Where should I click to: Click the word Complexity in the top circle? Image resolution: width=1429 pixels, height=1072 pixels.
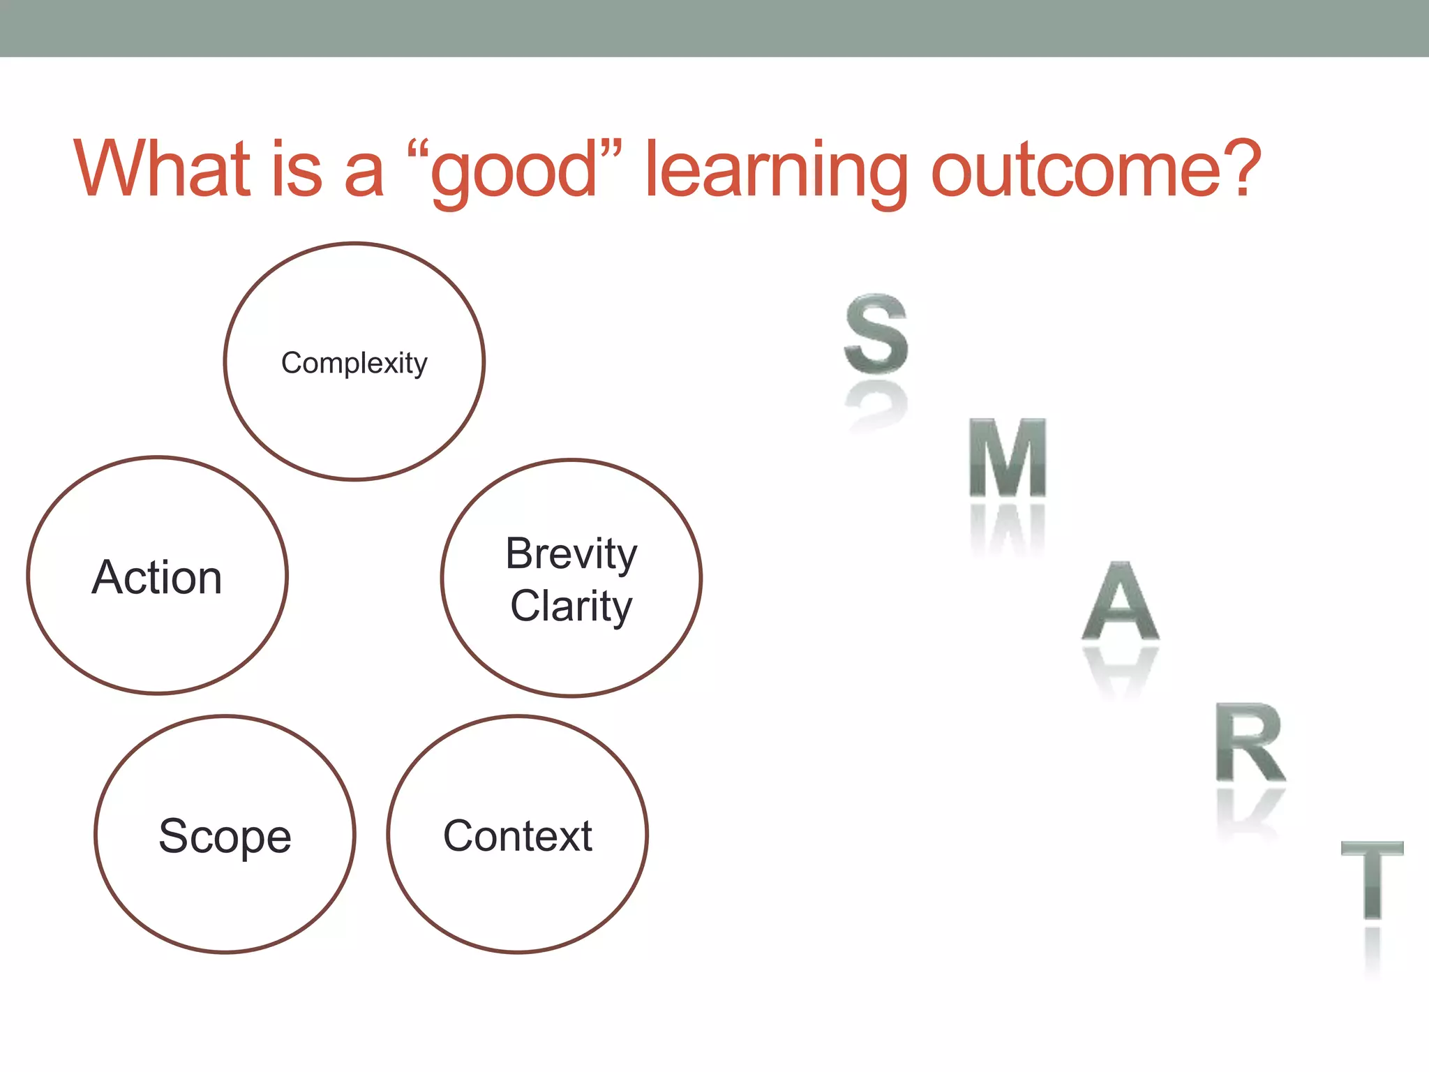pyautogui.click(x=354, y=363)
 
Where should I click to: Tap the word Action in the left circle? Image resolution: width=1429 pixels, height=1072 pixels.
pyautogui.click(x=157, y=578)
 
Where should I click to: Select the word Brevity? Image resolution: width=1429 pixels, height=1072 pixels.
pyautogui.click(x=571, y=554)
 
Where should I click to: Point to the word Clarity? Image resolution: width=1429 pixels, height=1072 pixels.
pyautogui.click(x=571, y=606)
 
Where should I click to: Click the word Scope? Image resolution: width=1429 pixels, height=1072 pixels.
pyautogui.click(x=225, y=836)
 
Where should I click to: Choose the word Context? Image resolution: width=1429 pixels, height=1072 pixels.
pyautogui.click(x=518, y=836)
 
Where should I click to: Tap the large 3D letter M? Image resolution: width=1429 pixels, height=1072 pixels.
pyautogui.click(x=1008, y=458)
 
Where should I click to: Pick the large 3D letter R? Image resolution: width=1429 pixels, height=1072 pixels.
pyautogui.click(x=1249, y=743)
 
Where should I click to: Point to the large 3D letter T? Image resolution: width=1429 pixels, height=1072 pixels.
pyautogui.click(x=1372, y=881)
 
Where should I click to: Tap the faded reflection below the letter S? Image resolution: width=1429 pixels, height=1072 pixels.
pyautogui.click(x=876, y=408)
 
